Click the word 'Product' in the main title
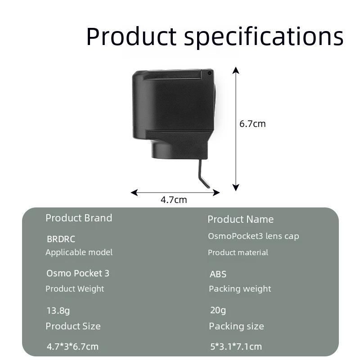(131, 36)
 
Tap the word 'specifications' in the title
(264, 37)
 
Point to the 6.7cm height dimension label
(252, 124)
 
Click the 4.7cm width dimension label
(174, 200)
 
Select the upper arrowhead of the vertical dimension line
(236, 70)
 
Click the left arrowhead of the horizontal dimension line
(134, 193)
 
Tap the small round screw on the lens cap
(209, 73)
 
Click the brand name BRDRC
(61, 239)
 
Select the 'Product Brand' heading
(79, 218)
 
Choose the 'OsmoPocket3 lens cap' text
(253, 236)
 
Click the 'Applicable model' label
(79, 252)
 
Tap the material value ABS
(218, 274)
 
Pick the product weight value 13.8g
(58, 310)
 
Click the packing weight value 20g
(218, 310)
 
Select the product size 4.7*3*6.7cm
(72, 346)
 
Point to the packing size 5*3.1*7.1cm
(236, 346)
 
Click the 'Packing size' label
(236, 326)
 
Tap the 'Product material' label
(238, 252)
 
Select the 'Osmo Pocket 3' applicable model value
(78, 273)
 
